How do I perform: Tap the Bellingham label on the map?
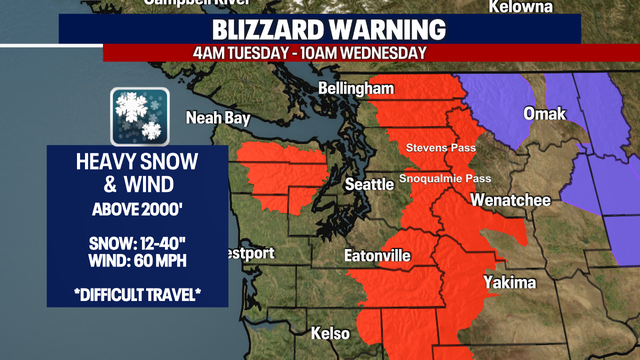pos(356,90)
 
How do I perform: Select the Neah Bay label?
pos(217,118)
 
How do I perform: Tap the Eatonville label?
pos(377,256)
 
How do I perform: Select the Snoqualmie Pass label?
pos(445,179)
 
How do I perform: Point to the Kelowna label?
pos(520,8)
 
